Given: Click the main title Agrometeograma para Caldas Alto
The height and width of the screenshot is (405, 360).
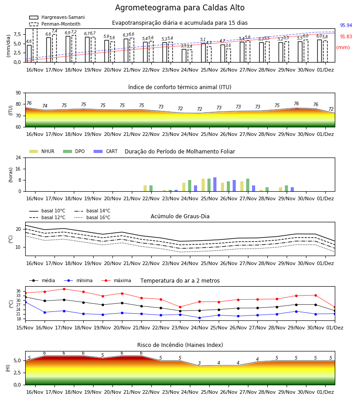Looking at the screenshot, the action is [180, 8].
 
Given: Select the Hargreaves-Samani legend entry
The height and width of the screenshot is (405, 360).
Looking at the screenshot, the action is [57, 17].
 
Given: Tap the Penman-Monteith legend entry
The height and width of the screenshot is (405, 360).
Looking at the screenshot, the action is [55, 24].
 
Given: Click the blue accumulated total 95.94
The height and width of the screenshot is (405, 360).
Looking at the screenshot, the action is [346, 25].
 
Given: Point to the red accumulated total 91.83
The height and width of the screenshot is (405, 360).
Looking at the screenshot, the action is [346, 37].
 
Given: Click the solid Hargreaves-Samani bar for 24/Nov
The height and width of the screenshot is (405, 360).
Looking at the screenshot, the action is [184, 55].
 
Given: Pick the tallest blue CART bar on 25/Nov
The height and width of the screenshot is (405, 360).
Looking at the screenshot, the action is [215, 184].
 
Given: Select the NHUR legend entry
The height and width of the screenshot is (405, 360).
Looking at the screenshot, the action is [42, 151].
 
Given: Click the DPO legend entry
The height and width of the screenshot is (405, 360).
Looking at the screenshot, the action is [74, 151].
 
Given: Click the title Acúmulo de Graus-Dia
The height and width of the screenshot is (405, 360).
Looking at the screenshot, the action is [180, 216].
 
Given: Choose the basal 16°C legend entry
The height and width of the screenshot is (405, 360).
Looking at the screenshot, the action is [92, 217].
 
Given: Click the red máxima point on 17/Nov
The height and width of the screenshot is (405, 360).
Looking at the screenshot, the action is [64, 289].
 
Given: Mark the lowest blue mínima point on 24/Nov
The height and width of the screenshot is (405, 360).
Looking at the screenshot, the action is [200, 318].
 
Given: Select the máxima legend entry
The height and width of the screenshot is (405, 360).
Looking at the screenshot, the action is [116, 280].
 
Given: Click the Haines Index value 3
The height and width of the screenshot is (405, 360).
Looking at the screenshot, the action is [199, 363].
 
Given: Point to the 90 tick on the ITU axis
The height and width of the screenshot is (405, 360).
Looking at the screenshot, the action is [18, 93].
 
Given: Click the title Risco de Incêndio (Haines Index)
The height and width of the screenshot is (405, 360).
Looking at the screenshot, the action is [180, 345].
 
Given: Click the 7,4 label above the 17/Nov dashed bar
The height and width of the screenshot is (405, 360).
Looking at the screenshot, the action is [54, 31].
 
